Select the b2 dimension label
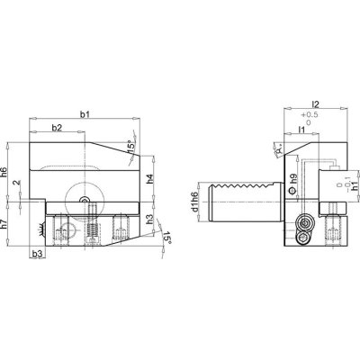(56, 129)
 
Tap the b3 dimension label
(37, 257)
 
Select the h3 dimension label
(148, 219)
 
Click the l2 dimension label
(309, 104)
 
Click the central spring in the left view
(91, 230)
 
